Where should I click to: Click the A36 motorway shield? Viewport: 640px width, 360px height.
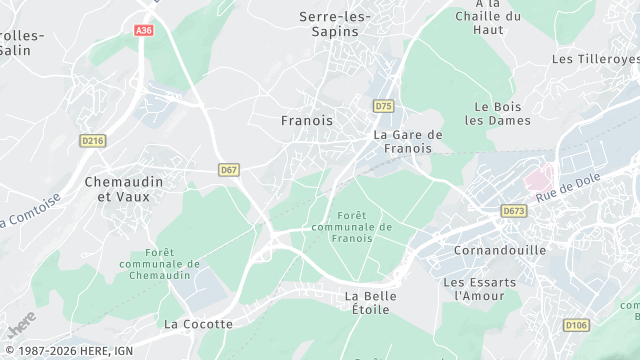click(144, 31)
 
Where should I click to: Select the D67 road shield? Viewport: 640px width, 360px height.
click(229, 170)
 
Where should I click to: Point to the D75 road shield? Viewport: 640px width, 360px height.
click(383, 105)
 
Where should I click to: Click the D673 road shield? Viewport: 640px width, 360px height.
click(514, 211)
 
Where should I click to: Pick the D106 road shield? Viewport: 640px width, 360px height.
click(576, 325)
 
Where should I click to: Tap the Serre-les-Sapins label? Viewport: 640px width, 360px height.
click(335, 24)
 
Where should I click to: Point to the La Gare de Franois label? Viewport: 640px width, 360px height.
click(407, 141)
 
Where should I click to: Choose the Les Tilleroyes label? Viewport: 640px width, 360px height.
click(595, 59)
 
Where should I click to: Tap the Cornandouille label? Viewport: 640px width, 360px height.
click(500, 250)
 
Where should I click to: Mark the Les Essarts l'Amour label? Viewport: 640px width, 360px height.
click(480, 289)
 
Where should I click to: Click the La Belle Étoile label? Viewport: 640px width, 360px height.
click(370, 304)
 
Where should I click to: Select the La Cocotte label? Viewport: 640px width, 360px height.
click(198, 324)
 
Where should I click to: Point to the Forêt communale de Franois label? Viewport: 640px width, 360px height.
click(351, 226)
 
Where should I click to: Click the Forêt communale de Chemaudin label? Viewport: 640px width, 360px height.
click(159, 264)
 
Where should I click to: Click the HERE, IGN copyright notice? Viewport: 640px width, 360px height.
click(66, 351)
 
